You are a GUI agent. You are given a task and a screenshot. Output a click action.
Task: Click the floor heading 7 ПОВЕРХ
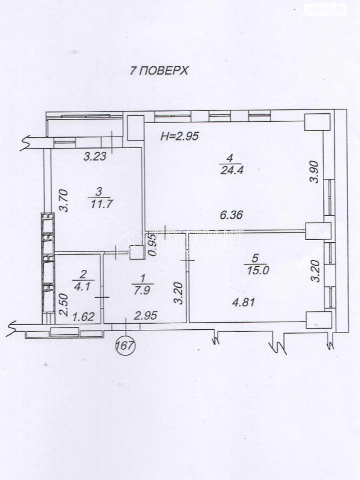[158, 70]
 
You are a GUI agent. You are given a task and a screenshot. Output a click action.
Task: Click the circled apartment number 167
[126, 346]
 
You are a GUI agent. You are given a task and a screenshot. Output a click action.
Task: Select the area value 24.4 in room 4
[231, 170]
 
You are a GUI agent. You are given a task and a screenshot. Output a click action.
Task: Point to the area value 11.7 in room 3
[101, 204]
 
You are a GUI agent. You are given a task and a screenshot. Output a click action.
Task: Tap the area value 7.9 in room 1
[142, 290]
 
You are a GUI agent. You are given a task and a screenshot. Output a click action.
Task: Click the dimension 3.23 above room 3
[95, 157]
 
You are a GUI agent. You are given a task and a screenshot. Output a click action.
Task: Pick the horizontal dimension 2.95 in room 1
[145, 316]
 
